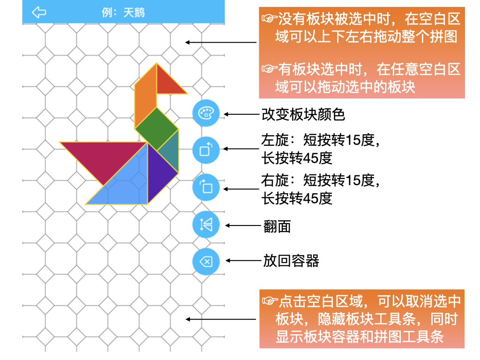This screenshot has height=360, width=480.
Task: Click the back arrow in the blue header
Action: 39,12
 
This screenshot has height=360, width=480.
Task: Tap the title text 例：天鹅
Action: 123,12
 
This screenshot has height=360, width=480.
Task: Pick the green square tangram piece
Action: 157,127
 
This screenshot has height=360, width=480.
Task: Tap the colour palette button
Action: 206,114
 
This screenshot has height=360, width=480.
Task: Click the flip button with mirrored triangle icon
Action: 206,225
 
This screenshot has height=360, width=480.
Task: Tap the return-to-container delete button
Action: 206,261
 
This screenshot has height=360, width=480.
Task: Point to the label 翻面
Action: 277,226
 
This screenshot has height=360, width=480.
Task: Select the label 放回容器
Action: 291,261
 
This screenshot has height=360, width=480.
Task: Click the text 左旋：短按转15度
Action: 320,140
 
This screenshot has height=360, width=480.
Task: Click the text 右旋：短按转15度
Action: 320,180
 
